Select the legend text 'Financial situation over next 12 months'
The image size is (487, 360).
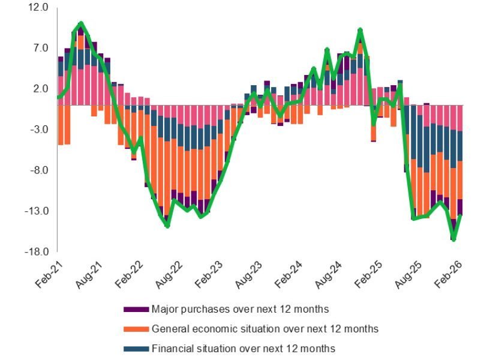243,349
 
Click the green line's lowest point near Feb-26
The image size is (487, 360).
454,239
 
